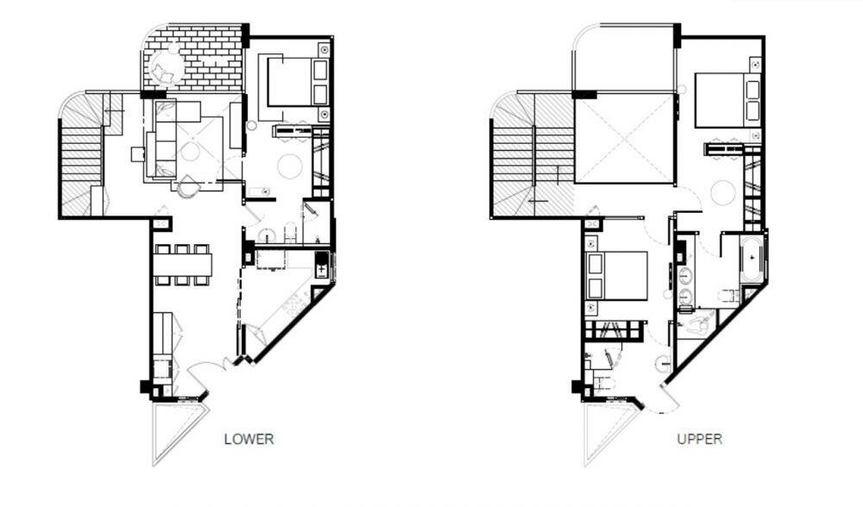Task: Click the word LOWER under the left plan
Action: point(249,439)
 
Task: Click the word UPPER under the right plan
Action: point(700,439)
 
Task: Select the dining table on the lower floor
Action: point(183,265)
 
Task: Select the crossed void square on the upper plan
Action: point(624,139)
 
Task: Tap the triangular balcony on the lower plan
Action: point(178,432)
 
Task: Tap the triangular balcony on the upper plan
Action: point(610,432)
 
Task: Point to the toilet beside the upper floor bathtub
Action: point(728,297)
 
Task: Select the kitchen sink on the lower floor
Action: point(321,266)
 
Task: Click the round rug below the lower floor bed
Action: point(289,166)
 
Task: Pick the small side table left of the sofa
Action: point(137,154)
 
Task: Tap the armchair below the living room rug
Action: point(188,186)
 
